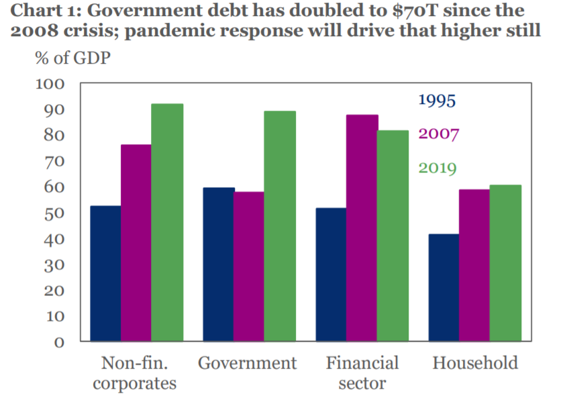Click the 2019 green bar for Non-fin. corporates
(167, 223)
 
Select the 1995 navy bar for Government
(218, 264)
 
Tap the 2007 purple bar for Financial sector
(362, 228)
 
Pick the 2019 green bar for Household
(505, 263)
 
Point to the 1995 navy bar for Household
(444, 287)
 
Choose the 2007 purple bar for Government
(248, 266)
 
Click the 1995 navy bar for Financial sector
(331, 274)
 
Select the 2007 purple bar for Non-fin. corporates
(136, 243)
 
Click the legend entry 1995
(437, 101)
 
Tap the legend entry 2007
(438, 134)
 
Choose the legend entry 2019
(438, 167)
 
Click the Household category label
(475, 363)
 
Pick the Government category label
(247, 363)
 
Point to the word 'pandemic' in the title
(176, 31)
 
